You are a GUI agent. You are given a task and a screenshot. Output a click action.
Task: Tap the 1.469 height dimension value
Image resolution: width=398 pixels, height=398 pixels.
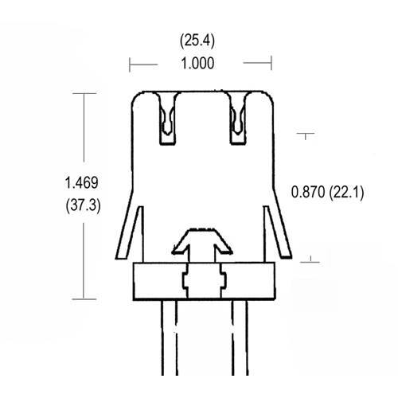[82, 184]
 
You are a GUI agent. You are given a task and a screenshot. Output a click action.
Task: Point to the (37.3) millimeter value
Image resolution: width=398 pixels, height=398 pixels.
[82, 205]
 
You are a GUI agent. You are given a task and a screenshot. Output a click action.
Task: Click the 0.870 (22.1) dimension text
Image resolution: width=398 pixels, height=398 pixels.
[327, 192]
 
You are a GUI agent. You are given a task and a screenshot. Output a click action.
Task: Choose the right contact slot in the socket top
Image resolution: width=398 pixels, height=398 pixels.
[238, 119]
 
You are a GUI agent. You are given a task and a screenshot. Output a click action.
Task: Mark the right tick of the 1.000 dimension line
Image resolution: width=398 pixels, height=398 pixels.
[271, 63]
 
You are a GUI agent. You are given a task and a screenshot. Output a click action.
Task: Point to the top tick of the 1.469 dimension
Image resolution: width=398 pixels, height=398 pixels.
[84, 93]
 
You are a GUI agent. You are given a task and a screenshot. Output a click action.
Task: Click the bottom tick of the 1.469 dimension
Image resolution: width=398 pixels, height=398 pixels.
[84, 300]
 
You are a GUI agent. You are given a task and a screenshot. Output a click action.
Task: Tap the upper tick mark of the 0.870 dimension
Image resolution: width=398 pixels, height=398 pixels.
[306, 134]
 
